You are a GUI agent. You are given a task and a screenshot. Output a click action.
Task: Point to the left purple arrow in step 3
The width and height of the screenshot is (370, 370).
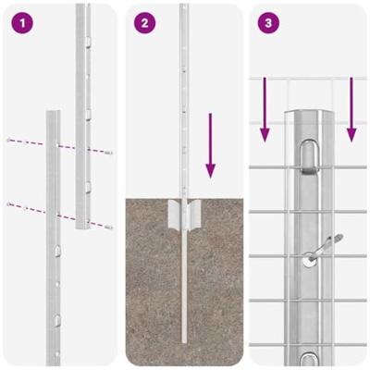click(265, 111)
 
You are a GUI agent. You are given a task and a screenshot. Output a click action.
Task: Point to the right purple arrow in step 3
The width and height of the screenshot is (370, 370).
click(351, 111)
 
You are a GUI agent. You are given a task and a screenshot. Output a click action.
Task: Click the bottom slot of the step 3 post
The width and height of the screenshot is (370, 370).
click(310, 359)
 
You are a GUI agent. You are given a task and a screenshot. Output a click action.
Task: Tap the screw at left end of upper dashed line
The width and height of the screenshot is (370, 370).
click(8, 140)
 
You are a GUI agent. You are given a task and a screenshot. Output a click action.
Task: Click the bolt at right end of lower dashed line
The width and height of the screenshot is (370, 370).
click(108, 226)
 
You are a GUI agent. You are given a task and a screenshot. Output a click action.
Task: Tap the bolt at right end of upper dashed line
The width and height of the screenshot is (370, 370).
click(108, 152)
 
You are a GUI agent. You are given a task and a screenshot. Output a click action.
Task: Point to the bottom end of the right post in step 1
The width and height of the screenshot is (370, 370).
click(82, 231)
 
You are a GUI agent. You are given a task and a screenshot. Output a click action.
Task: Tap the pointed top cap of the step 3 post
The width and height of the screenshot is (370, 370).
click(310, 113)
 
